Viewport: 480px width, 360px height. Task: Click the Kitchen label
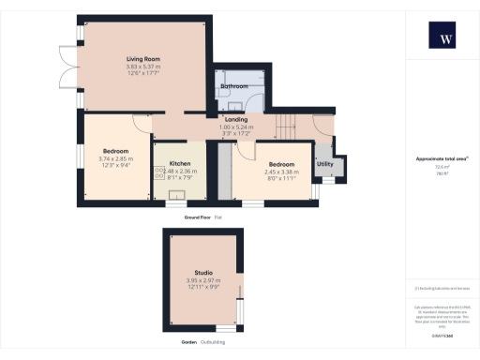coord(180,163)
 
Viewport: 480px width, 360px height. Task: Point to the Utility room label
coord(325,164)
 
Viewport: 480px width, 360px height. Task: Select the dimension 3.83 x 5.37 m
coord(143,67)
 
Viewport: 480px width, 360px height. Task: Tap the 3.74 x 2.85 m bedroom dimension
coord(116,158)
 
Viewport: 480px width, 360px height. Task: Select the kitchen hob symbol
coord(158,172)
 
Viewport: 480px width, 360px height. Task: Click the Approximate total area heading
coord(441,158)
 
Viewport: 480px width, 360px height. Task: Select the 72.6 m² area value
coord(440,166)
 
